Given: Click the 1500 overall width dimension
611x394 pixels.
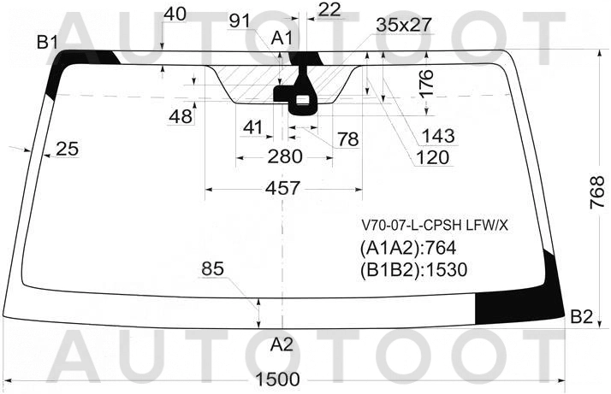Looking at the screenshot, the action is [278, 379].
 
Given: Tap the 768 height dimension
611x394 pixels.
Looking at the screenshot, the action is [596, 192].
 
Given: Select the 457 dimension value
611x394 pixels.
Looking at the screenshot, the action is [283, 188].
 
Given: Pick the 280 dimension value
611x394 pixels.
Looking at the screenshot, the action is [285, 156].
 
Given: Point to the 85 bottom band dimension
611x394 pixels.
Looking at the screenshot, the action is [213, 268].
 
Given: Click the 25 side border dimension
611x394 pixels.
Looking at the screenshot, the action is [67, 149].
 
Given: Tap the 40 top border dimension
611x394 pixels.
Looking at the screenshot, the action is [175, 14].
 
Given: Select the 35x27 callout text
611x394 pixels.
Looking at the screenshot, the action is [404, 26].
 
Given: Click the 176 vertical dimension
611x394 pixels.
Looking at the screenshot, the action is [427, 83].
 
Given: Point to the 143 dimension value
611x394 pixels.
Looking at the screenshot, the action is [438, 136].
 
